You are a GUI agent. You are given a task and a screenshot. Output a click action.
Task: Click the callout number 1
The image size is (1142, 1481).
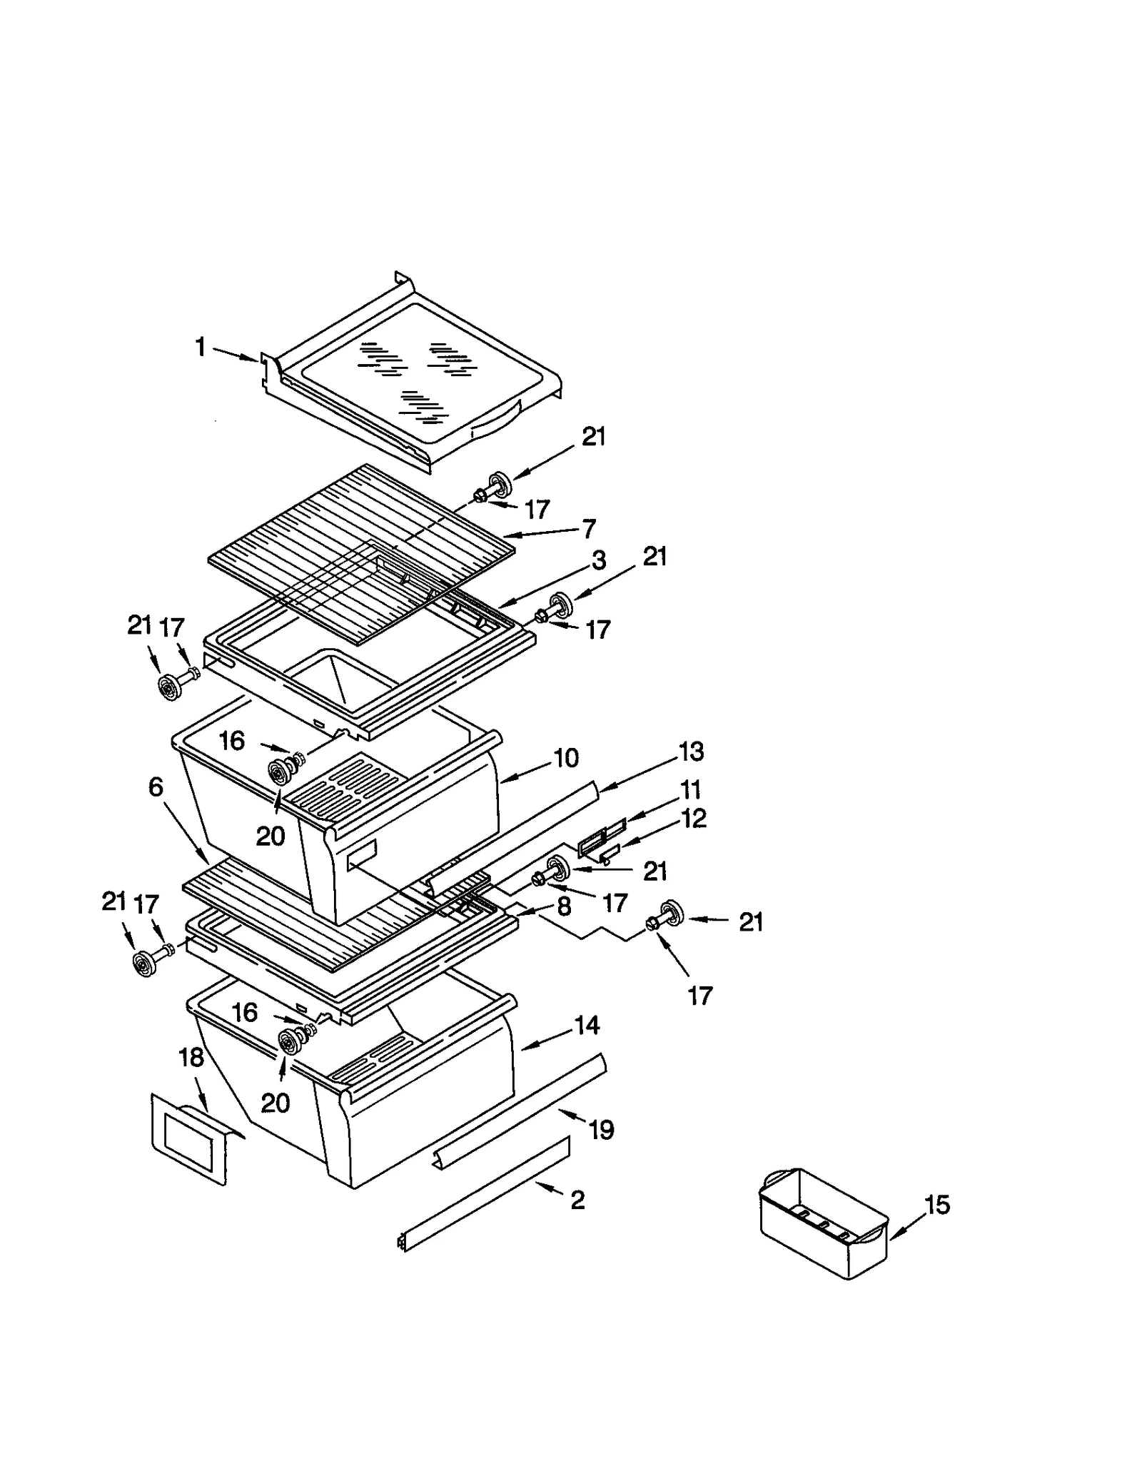pos(201,348)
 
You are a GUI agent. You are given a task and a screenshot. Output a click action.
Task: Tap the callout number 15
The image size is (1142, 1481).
pos(937,1205)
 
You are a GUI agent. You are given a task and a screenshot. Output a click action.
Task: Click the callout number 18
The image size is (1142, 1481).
pos(191,1058)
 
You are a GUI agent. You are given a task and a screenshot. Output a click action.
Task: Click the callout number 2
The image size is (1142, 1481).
pos(577,1200)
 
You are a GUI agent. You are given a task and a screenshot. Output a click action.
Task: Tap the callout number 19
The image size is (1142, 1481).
pos(601,1130)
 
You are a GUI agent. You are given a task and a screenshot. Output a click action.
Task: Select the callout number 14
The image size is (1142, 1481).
pos(587,1026)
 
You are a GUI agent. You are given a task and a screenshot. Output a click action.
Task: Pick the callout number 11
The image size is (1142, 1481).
pos(691,790)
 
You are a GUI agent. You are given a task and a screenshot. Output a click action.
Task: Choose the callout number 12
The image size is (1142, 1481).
pos(693,819)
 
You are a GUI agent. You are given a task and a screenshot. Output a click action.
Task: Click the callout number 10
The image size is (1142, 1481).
pos(566,758)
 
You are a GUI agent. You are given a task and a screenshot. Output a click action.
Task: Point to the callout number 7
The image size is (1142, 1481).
pos(589,529)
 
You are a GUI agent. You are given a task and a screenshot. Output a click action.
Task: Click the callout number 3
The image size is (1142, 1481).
pos(599,560)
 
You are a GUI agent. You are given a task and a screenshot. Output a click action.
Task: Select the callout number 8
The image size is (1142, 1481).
pos(564,906)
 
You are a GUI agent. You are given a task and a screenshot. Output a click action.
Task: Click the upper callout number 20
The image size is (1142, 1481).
pos(271,836)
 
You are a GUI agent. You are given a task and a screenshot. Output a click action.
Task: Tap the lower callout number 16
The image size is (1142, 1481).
pos(245,1012)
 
